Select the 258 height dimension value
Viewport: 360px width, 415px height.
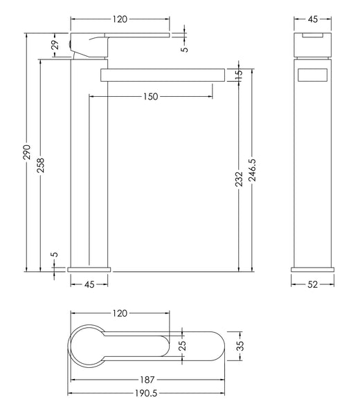(41, 165)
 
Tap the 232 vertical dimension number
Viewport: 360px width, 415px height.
(238, 180)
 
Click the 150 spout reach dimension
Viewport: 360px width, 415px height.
(150, 97)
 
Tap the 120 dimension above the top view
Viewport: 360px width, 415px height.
(120, 314)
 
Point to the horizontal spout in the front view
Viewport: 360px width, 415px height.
(163, 75)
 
